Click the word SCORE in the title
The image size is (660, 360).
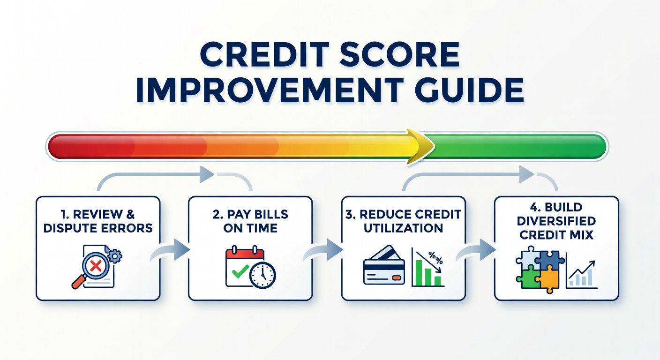[399, 55]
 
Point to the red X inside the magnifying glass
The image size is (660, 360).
[96, 265]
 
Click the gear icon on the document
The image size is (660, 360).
[115, 255]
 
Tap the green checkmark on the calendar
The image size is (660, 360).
[240, 271]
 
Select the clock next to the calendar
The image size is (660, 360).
[262, 275]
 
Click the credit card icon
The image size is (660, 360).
[384, 265]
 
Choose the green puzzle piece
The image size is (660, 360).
[528, 277]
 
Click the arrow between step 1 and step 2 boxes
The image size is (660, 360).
[170, 250]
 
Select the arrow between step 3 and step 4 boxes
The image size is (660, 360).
[476, 250]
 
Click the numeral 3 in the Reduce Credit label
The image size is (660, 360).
[349, 214]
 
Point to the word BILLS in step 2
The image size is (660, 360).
[271, 214]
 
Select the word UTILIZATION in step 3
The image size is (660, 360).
[404, 228]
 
